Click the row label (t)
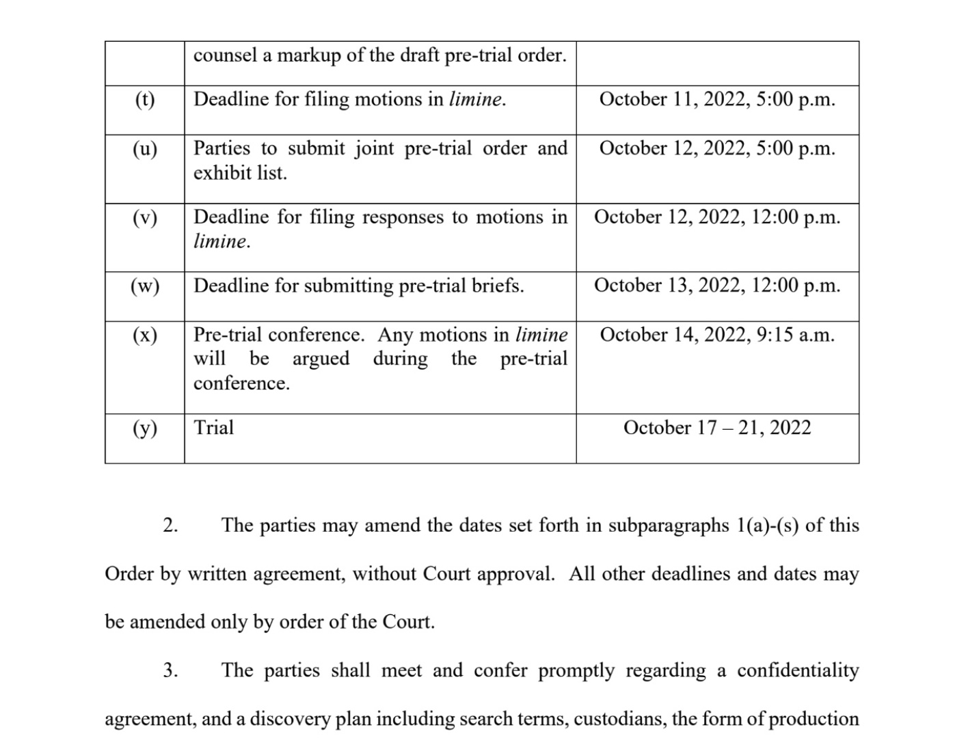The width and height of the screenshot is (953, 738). coord(144,100)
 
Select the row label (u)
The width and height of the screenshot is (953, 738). coord(144,149)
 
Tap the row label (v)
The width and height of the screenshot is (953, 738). coord(144,217)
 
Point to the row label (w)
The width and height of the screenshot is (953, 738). coord(144,286)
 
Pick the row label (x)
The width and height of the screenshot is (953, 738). coord(144,335)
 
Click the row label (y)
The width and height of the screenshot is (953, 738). coord(144,428)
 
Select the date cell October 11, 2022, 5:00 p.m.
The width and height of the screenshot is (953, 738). coord(717,100)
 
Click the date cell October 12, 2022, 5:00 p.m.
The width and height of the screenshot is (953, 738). coord(717,149)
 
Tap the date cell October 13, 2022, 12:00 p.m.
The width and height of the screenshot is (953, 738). coord(717,286)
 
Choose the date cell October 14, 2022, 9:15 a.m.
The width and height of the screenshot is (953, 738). coord(717,335)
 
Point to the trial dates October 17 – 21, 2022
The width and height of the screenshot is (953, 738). coord(717,428)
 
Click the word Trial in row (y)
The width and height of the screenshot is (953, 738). coord(213,428)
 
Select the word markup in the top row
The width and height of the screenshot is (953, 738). coord(307,56)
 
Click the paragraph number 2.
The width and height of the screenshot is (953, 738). coord(170,525)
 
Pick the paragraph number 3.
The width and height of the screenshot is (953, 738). coord(170,670)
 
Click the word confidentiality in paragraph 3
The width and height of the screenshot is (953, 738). coord(798,670)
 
